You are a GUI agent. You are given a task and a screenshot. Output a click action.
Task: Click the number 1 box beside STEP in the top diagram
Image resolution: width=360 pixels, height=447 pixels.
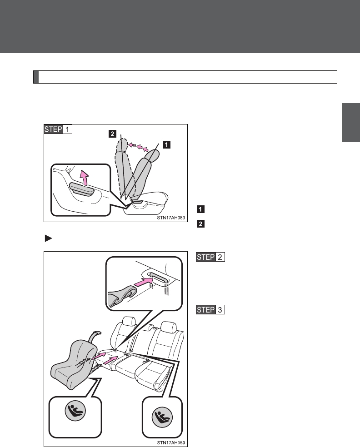pyautogui.click(x=66, y=129)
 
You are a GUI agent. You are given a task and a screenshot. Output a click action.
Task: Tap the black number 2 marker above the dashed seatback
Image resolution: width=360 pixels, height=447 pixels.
pyautogui.click(x=111, y=134)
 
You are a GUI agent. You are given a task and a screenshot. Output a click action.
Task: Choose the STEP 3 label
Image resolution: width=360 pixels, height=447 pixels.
pyautogui.click(x=210, y=310)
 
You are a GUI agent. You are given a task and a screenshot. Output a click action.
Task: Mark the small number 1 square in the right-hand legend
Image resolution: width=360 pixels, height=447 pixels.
pyautogui.click(x=200, y=209)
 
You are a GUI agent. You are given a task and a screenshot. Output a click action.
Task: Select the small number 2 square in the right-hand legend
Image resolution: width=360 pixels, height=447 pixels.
pyautogui.click(x=200, y=223)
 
